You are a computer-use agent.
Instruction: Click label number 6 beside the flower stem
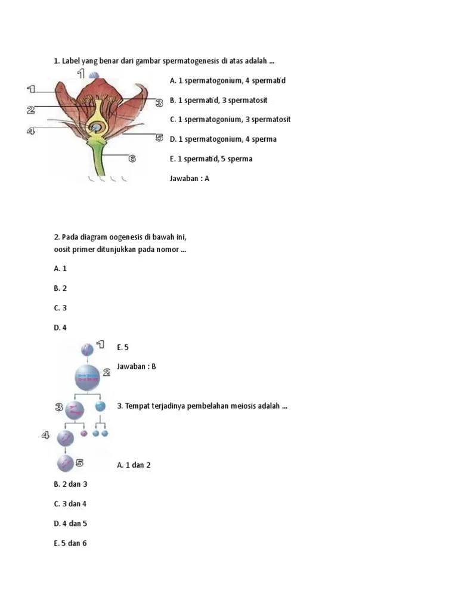tap(132, 158)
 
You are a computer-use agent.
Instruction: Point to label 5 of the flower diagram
tap(159, 138)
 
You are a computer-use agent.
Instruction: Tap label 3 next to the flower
tap(159, 103)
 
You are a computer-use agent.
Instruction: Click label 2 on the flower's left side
tap(30, 110)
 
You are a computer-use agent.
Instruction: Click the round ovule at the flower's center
tap(95, 127)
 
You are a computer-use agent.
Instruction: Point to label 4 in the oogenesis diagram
tap(45, 435)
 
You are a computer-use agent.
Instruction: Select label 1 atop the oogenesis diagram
tap(100, 344)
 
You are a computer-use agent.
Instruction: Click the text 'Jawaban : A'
tap(190, 178)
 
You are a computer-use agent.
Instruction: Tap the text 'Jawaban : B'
tap(137, 366)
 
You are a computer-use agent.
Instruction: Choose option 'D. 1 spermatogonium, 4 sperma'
tap(223, 139)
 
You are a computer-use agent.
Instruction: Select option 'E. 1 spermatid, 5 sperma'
tap(211, 158)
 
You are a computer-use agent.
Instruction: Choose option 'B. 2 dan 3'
tap(70, 484)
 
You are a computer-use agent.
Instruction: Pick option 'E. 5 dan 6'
tap(70, 543)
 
